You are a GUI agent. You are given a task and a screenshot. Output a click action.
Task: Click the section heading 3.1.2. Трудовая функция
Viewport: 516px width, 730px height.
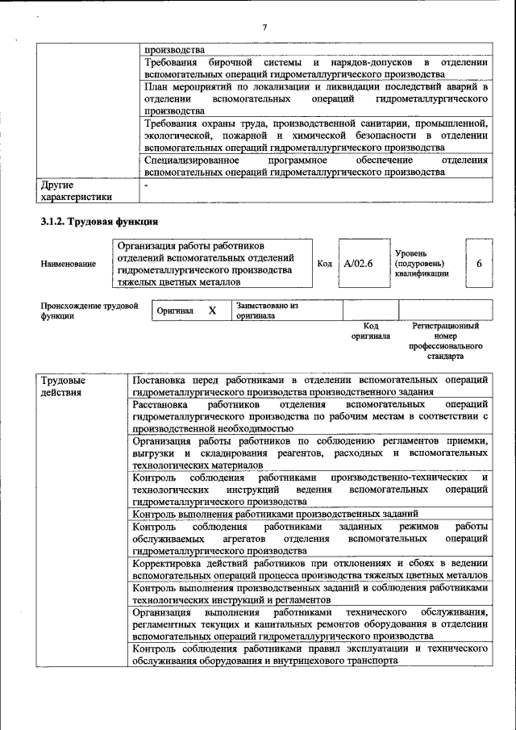(x=100, y=221)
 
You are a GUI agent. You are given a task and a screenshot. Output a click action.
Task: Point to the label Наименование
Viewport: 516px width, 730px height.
(x=68, y=264)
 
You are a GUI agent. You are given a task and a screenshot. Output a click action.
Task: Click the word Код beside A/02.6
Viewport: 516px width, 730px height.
(x=324, y=264)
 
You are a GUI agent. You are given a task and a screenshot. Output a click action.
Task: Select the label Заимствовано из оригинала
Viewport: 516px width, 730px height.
(x=267, y=311)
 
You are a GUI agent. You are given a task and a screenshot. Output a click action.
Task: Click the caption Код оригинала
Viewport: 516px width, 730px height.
(x=370, y=331)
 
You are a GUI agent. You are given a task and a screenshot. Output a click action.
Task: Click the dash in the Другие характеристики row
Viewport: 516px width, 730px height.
(x=146, y=186)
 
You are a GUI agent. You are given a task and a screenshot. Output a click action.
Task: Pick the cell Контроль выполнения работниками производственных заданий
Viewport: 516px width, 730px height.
(x=275, y=513)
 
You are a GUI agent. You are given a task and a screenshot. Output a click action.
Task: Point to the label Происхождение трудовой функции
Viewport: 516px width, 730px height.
(x=89, y=311)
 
